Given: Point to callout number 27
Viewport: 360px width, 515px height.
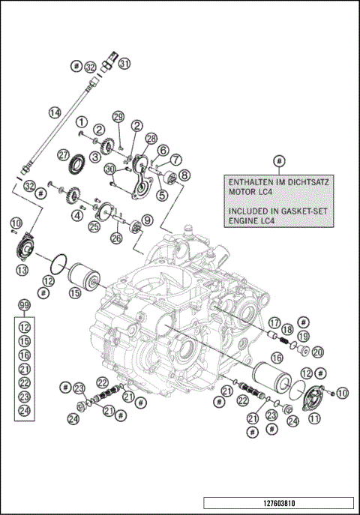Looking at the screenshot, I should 64,154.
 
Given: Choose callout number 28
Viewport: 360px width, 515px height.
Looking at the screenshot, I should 151,139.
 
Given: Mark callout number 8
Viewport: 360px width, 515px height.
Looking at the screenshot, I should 184,175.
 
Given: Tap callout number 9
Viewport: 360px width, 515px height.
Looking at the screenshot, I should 147,220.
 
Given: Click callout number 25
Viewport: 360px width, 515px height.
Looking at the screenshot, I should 94,226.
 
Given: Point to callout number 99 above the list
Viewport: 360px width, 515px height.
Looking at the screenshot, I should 25,307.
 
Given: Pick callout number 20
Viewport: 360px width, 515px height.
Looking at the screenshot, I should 318,352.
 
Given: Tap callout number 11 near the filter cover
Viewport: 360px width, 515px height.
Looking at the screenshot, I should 313,419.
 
